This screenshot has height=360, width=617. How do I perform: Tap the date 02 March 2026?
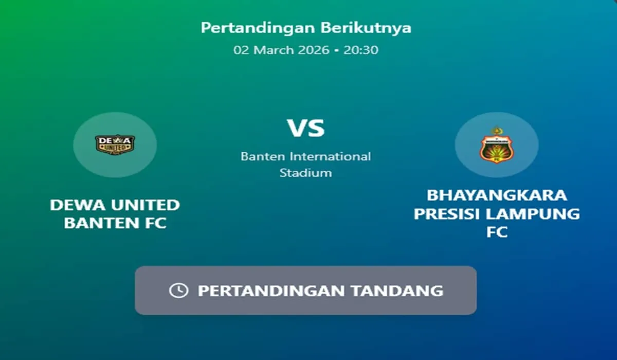click(x=281, y=50)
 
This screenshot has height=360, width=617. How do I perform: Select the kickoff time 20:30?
click(x=361, y=50)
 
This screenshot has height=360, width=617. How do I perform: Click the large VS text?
click(x=306, y=128)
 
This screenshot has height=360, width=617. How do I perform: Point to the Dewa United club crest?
click(x=115, y=145)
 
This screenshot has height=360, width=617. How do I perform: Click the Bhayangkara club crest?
click(x=496, y=145)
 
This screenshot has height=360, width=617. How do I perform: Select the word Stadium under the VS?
click(x=306, y=173)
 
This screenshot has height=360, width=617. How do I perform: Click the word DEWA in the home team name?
click(x=78, y=205)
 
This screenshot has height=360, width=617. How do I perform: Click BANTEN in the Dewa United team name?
click(x=102, y=223)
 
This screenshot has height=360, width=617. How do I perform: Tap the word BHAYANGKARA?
click(x=497, y=195)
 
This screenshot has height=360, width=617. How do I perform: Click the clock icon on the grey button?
click(x=179, y=291)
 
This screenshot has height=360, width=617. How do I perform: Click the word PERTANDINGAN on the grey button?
click(x=271, y=291)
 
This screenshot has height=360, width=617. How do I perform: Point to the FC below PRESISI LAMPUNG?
click(x=497, y=232)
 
